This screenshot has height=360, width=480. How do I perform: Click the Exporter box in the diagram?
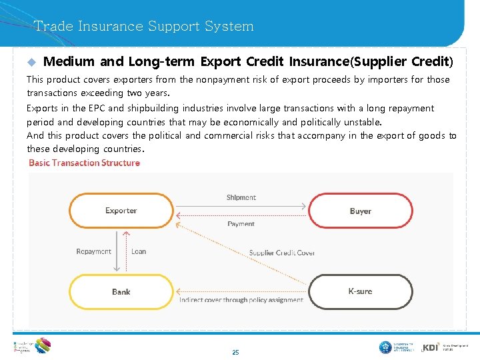click(121, 211)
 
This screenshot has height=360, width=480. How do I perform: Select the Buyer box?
click(360, 211)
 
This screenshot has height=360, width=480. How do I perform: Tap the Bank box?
click(121, 291)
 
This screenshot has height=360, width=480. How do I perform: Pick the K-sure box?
click(360, 291)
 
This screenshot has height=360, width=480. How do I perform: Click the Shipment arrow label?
click(241, 197)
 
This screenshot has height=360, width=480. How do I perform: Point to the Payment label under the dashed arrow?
click(241, 224)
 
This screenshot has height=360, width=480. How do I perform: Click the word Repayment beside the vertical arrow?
click(93, 251)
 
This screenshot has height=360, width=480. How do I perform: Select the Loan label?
click(139, 251)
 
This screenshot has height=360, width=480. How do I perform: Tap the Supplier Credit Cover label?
click(282, 253)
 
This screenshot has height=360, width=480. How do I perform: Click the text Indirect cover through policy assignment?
click(241, 300)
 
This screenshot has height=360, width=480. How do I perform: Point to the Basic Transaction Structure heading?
click(85, 163)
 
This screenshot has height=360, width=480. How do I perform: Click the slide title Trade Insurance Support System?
click(144, 27)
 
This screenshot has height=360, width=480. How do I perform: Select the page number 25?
click(235, 352)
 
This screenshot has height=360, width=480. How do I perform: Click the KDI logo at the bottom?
click(431, 347)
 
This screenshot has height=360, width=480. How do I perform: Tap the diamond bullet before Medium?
click(31, 63)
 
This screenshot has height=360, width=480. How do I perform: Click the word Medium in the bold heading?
click(69, 62)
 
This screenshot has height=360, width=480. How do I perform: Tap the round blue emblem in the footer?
click(385, 347)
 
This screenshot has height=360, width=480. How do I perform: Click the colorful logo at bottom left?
click(42, 345)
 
